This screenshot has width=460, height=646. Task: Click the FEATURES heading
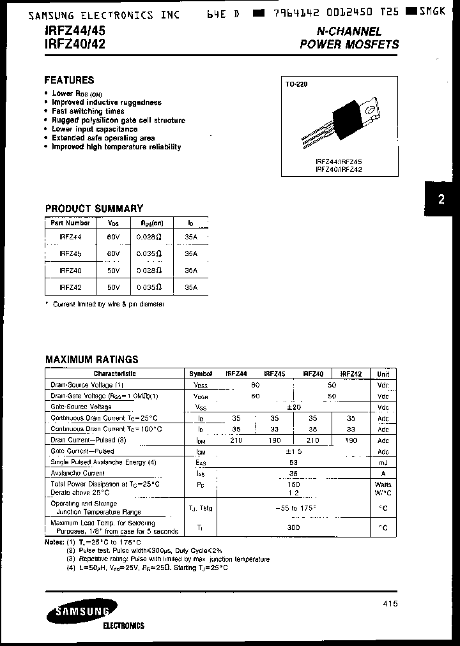pos(69,80)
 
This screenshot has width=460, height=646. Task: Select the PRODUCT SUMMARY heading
pos(94,208)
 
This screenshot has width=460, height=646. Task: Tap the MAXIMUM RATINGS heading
pos(91,359)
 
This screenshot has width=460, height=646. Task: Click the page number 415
pos(390,604)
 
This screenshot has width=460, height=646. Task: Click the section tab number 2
pos(441,199)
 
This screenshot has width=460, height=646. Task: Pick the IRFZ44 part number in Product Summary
pos(70,236)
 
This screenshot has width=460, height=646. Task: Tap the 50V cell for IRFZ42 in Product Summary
pos(113,288)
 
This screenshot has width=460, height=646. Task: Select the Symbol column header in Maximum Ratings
pos(201,374)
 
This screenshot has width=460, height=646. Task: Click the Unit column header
pos(383,374)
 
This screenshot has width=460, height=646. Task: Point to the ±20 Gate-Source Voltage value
pos(294,407)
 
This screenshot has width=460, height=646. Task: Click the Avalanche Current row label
pos(78,473)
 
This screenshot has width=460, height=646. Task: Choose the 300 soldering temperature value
pos(294,528)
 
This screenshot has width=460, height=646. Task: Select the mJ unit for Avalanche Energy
pos(383,462)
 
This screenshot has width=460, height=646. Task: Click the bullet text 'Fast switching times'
pos(88,111)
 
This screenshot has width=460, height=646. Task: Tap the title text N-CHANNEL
pos(349,31)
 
